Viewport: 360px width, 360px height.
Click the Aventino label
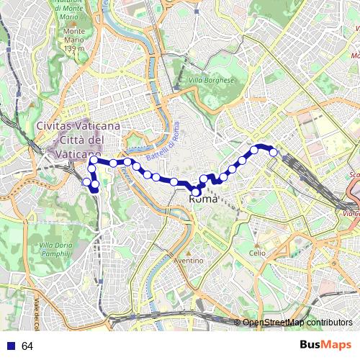point(189,260)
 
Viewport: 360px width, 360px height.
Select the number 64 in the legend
point(27,346)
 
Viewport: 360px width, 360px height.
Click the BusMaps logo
point(325,345)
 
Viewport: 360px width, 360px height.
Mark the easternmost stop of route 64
point(273,152)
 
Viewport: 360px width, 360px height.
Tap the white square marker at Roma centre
point(196,192)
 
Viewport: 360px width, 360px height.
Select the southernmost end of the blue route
point(96,191)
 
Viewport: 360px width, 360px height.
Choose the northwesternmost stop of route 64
point(93,160)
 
